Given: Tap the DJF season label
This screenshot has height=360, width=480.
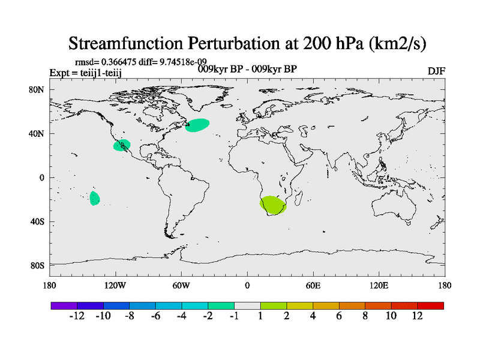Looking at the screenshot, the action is pos(436,71).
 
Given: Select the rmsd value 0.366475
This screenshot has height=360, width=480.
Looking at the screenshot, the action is pos(119,62).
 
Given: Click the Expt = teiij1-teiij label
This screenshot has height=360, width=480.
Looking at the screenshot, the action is pos(85,73).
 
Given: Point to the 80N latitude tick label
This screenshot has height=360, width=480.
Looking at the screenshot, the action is pos(37,89).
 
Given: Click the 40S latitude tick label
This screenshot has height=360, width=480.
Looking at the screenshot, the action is pos(37,221).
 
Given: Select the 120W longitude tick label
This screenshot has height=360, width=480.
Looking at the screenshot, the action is pos(115,286).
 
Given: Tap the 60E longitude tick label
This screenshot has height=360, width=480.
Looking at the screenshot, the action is pos(313,286).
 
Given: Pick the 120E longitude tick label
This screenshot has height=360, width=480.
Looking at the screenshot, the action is pos(379,286).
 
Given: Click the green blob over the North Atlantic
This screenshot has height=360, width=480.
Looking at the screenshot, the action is pos(197,125).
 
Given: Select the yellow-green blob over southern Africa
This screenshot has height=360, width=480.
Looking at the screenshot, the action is pos(273,205).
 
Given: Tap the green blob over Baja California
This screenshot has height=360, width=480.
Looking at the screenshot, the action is pos(122,145).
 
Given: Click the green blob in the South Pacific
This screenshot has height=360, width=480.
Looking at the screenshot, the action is pos(95,199).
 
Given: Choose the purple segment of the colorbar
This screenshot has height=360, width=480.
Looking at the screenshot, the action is pos(64,305).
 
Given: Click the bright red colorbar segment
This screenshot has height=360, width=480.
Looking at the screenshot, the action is pos(430,305).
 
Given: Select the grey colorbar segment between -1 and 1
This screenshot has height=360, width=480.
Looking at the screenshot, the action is pos(247,305).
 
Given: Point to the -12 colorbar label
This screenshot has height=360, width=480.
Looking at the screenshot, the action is pos(77,316).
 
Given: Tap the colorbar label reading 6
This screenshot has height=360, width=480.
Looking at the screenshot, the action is pos(339,316).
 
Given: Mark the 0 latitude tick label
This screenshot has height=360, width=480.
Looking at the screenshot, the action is pos(41,178).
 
